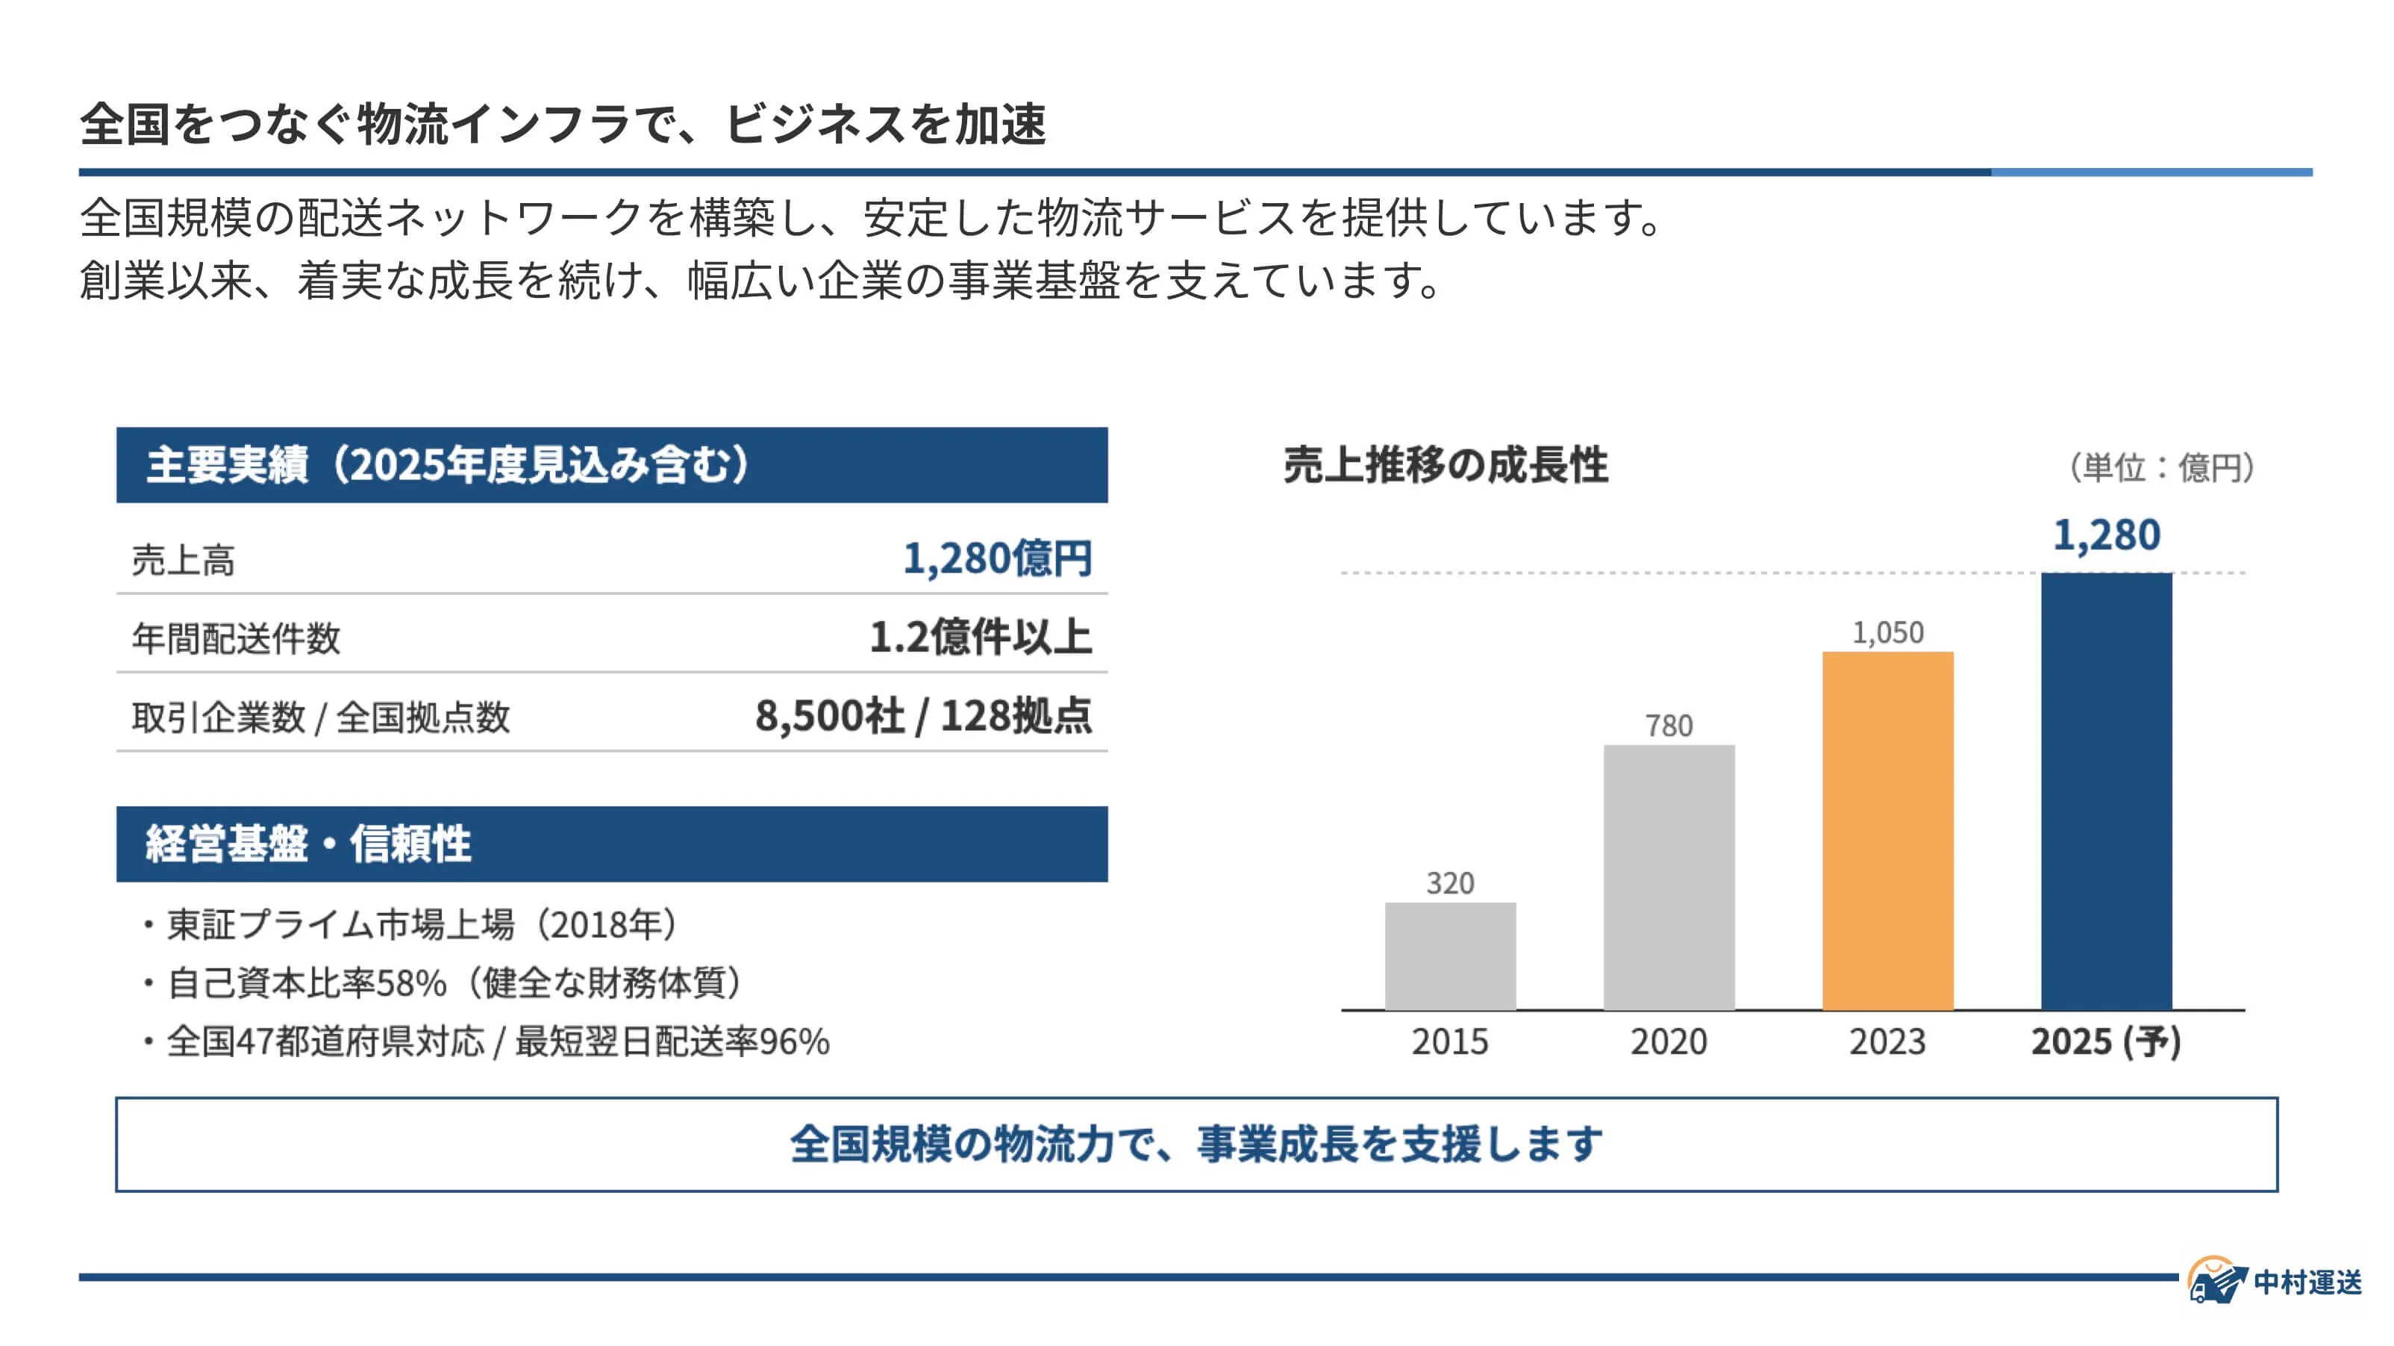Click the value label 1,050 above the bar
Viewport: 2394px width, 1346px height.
click(1887, 633)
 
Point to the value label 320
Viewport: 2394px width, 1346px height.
click(1450, 883)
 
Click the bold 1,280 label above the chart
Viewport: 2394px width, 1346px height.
click(2106, 535)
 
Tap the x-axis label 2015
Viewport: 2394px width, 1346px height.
click(1450, 1042)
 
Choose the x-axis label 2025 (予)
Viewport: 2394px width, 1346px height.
click(2105, 1042)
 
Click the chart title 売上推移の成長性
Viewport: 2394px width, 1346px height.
click(1446, 465)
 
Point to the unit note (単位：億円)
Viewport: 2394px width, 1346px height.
click(2160, 467)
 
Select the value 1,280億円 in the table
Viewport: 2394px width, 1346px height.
click(997, 558)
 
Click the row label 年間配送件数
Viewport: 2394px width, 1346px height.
click(236, 638)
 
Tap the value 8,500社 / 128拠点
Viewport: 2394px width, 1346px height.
click(923, 716)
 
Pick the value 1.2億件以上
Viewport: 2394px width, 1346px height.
click(981, 638)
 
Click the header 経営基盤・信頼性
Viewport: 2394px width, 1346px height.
click(308, 844)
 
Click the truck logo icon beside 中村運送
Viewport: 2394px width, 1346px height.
click(2216, 1282)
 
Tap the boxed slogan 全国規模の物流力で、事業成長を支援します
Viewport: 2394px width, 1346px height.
click(1196, 1144)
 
